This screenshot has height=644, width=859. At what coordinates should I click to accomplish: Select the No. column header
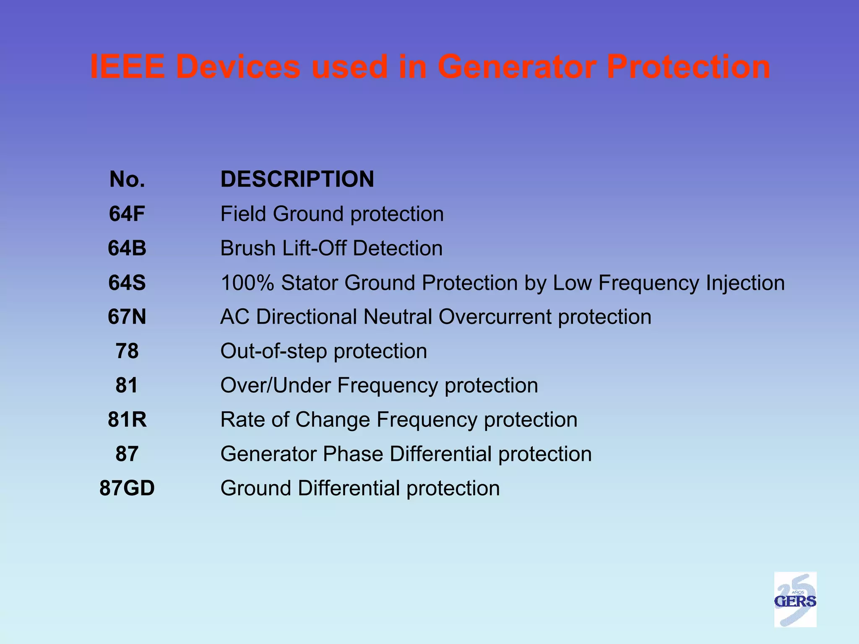(x=127, y=179)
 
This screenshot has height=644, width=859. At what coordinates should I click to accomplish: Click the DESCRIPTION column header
(x=297, y=179)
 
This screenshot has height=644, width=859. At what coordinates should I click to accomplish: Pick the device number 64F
(x=127, y=214)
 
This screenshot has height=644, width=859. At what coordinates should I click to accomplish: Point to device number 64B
(x=127, y=248)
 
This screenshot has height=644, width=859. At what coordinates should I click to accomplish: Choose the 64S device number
(x=127, y=283)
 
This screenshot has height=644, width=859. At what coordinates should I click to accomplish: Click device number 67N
(x=127, y=317)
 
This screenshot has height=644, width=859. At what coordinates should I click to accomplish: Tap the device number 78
(x=127, y=351)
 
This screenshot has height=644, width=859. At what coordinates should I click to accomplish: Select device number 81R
(x=127, y=419)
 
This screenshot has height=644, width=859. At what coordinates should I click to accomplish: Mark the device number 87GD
(x=127, y=488)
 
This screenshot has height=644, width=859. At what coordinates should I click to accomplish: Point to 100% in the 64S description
(x=247, y=283)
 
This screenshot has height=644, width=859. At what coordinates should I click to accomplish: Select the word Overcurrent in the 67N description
(x=495, y=317)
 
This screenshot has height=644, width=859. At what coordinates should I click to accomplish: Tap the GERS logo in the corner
(x=795, y=599)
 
